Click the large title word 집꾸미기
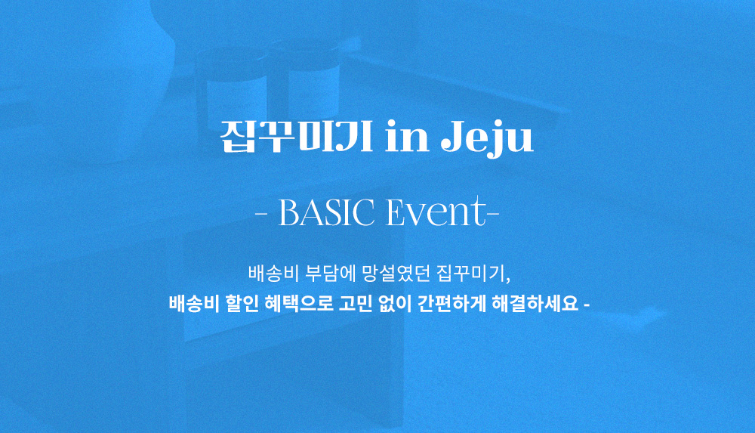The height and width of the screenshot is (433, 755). tap(296, 137)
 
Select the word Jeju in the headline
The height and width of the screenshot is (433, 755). tap(487, 139)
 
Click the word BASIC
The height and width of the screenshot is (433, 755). tap(326, 212)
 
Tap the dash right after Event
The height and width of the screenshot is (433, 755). tap(492, 214)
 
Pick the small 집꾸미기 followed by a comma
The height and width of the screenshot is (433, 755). tap(473, 274)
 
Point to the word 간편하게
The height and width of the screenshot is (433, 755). tap(451, 304)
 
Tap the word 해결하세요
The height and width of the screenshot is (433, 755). tap(535, 304)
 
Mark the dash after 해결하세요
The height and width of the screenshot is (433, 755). tap(586, 305)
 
